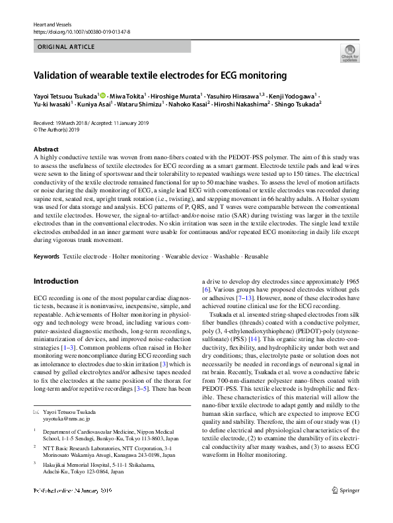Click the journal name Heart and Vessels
(x=52, y=24)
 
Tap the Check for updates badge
(x=349, y=53)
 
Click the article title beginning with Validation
(x=160, y=75)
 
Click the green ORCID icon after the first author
(x=102, y=95)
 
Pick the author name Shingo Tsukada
(x=298, y=104)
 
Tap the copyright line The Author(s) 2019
(x=60, y=130)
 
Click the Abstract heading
(x=46, y=150)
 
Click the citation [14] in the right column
(x=253, y=356)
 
